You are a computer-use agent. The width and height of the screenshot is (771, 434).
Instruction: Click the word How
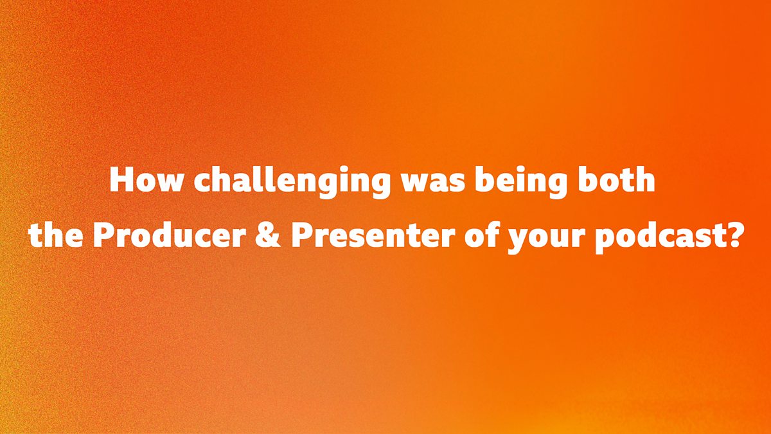(x=145, y=180)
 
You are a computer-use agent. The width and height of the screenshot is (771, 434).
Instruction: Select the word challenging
(x=292, y=183)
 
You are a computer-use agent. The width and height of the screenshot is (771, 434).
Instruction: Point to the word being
(x=521, y=183)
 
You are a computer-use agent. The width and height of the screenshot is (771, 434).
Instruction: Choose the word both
(x=616, y=179)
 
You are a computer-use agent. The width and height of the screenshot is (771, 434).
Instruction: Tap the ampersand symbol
(x=268, y=235)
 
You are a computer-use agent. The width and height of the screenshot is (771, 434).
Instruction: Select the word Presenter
(x=373, y=235)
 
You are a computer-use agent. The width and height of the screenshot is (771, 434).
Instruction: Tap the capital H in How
(x=121, y=180)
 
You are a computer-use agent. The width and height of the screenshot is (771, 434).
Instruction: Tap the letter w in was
(x=416, y=183)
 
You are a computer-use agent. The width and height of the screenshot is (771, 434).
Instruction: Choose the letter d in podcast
(x=646, y=235)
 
